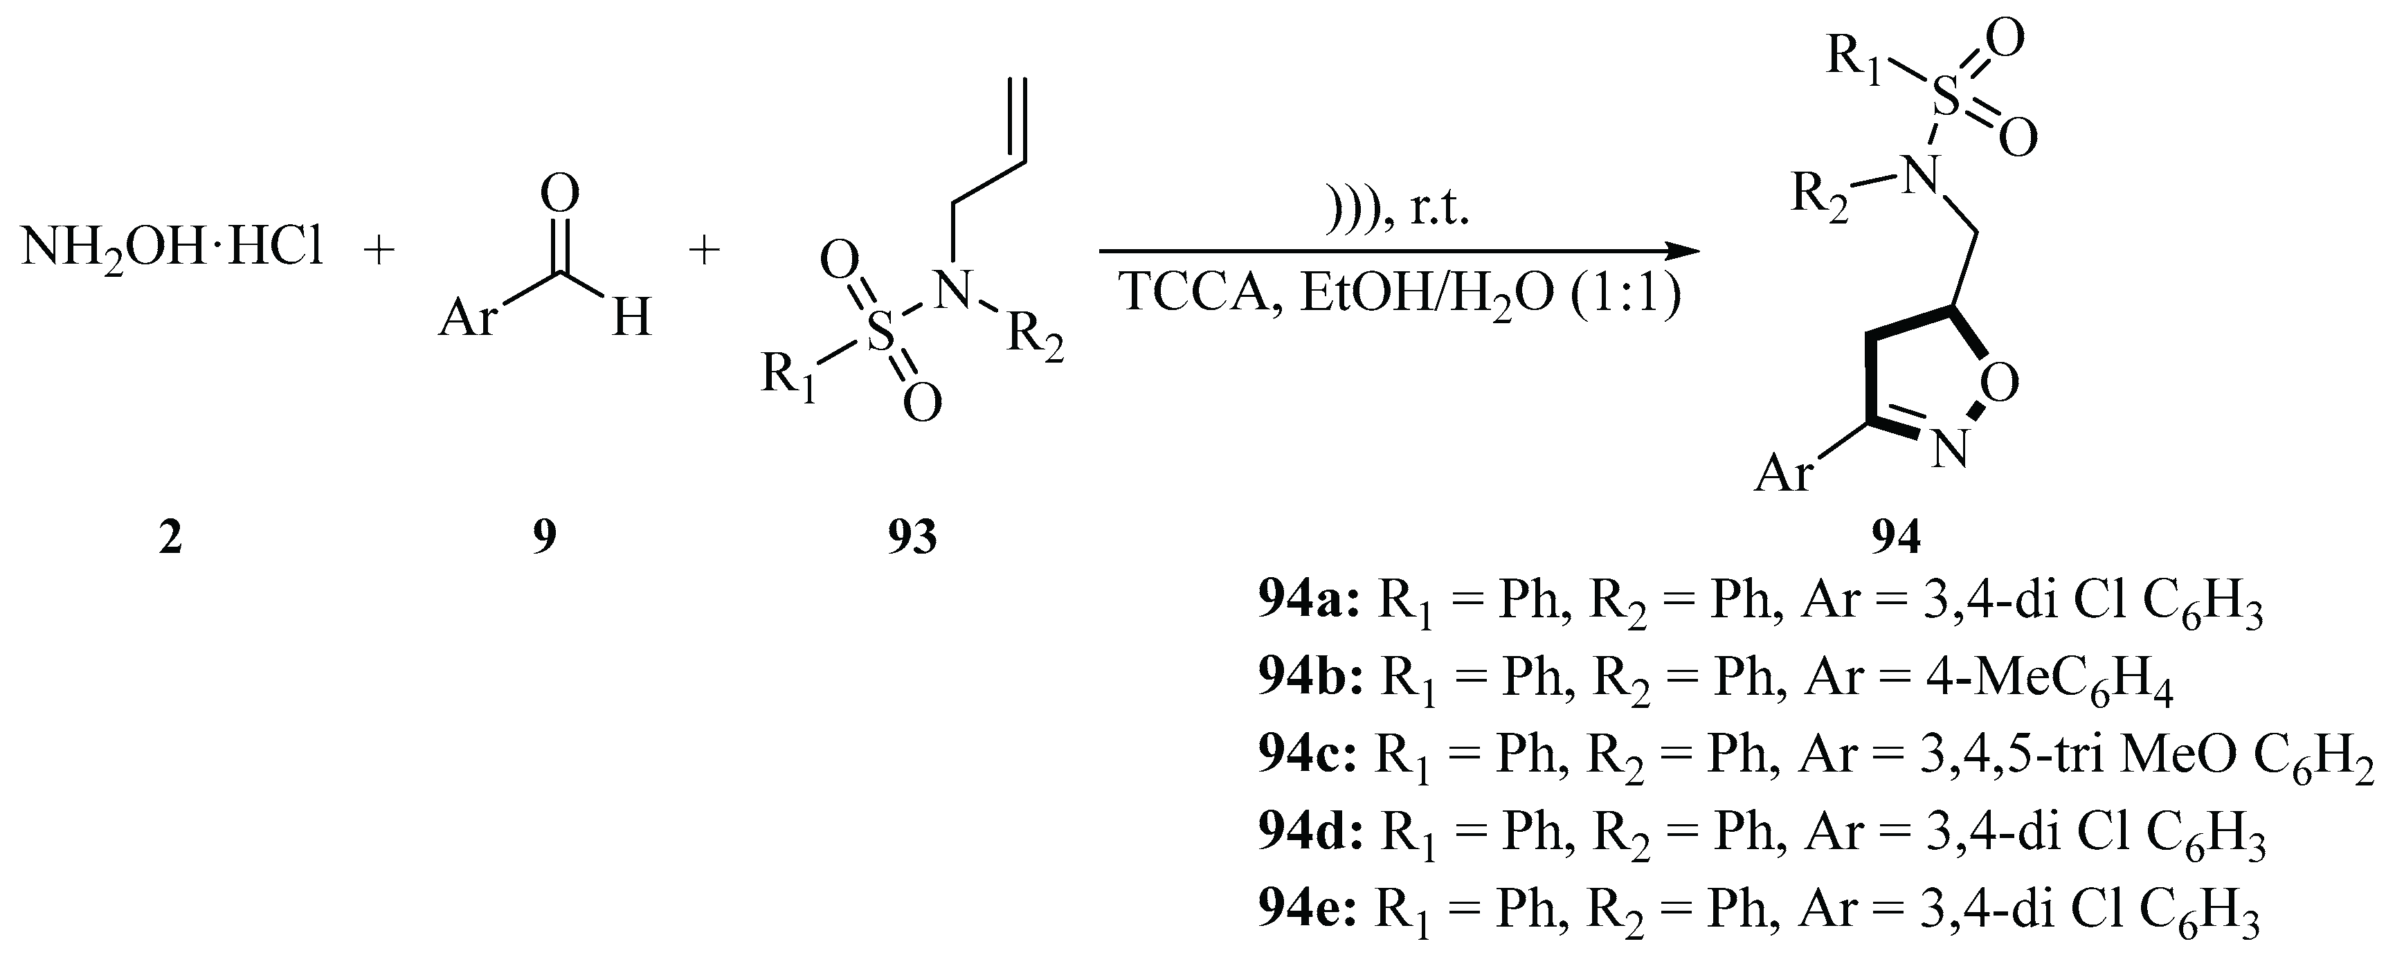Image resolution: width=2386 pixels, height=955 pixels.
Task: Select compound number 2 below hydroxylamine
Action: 170,537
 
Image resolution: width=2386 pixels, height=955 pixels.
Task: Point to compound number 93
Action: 912,537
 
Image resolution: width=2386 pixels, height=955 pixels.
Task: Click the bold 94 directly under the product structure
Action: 1895,537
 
